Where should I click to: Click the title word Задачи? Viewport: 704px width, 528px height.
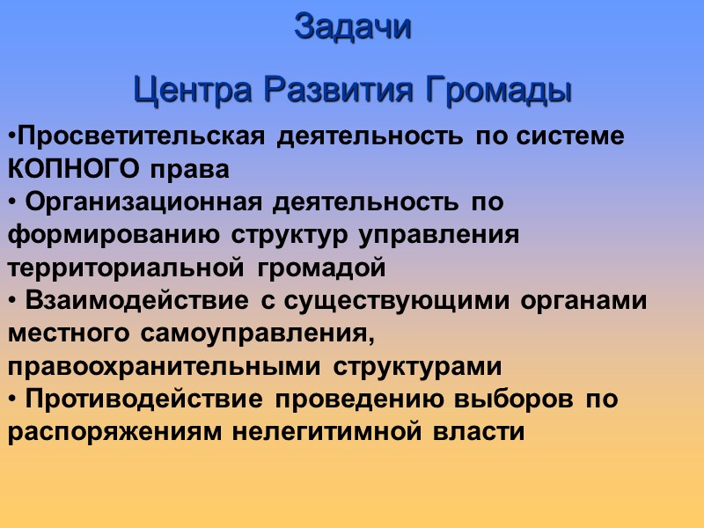352,26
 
